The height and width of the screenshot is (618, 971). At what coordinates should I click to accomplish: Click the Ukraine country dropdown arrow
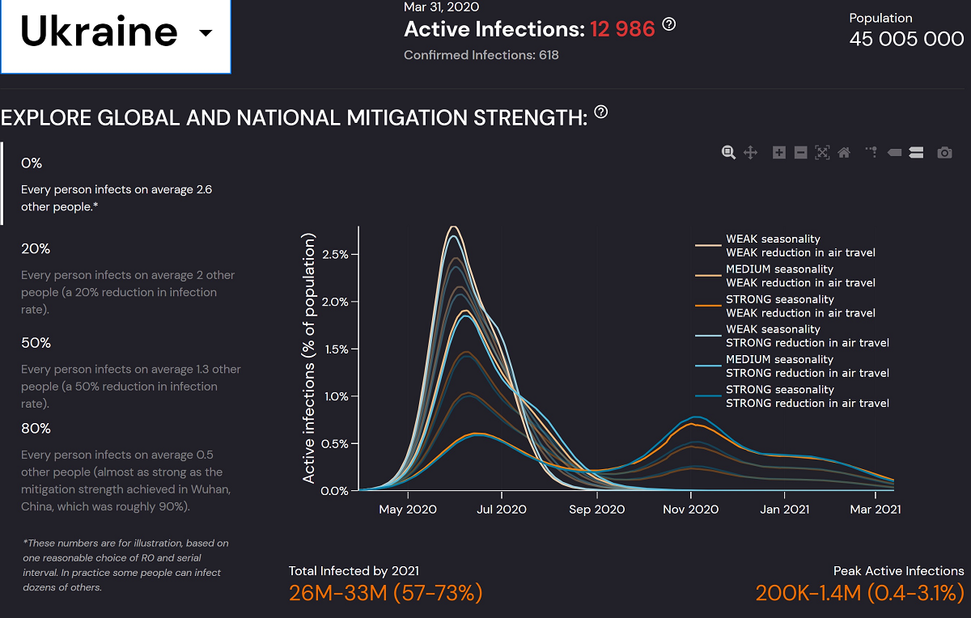pos(206,33)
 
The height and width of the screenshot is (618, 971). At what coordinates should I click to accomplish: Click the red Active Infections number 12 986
pos(622,29)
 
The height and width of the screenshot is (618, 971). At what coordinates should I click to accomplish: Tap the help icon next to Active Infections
pos(669,24)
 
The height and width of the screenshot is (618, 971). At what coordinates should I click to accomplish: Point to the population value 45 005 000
pos(906,39)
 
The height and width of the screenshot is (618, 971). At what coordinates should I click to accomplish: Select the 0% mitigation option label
pos(32,163)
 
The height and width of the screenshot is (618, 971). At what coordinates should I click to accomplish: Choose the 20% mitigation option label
pos(36,248)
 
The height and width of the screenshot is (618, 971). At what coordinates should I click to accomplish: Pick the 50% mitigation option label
pos(36,343)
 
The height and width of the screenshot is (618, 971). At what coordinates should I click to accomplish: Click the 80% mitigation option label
pos(36,428)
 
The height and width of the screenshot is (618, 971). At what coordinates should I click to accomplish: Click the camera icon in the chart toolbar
pos(944,152)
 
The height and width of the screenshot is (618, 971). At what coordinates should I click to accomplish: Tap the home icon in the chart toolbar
pos(844,152)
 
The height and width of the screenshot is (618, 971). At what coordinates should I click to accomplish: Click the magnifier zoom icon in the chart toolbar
pos(728,152)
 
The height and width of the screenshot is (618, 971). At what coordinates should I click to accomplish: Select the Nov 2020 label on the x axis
pos(690,510)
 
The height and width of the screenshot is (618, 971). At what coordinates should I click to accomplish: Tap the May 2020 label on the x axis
pos(407,510)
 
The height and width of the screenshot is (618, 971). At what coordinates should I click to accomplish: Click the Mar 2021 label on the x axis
pos(874,510)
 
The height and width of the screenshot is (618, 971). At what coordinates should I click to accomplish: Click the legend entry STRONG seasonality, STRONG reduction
pos(808,396)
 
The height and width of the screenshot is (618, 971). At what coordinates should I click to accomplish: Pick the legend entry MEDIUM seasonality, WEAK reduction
pos(800,276)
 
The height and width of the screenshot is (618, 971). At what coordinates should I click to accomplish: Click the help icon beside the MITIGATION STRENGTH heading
pos(600,112)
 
